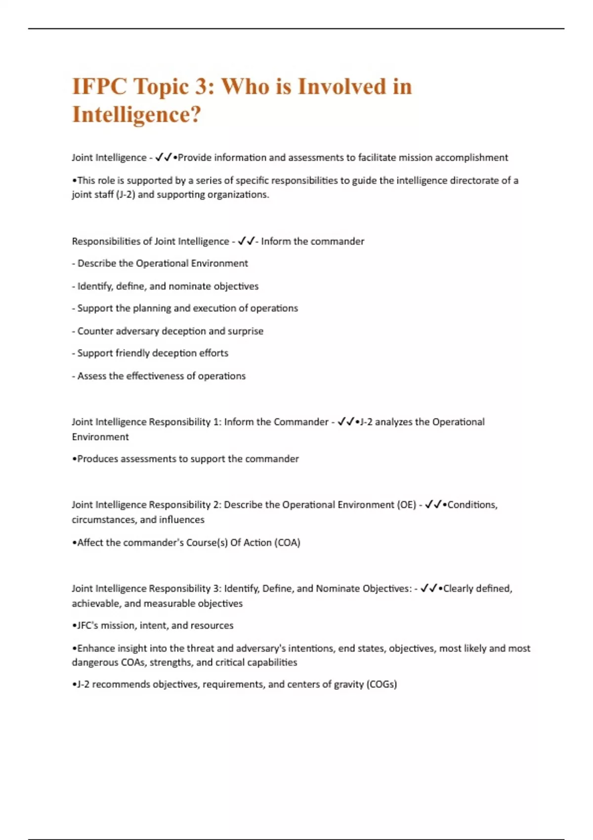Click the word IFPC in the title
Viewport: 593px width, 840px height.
click(99, 87)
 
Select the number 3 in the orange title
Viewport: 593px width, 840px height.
click(201, 87)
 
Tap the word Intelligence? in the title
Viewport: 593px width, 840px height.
click(137, 115)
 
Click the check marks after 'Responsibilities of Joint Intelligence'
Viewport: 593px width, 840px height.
click(246, 241)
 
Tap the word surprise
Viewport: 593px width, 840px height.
click(246, 331)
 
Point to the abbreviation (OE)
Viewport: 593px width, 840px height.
click(406, 505)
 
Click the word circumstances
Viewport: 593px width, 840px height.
click(104, 520)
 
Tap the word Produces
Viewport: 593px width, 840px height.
click(97, 459)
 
